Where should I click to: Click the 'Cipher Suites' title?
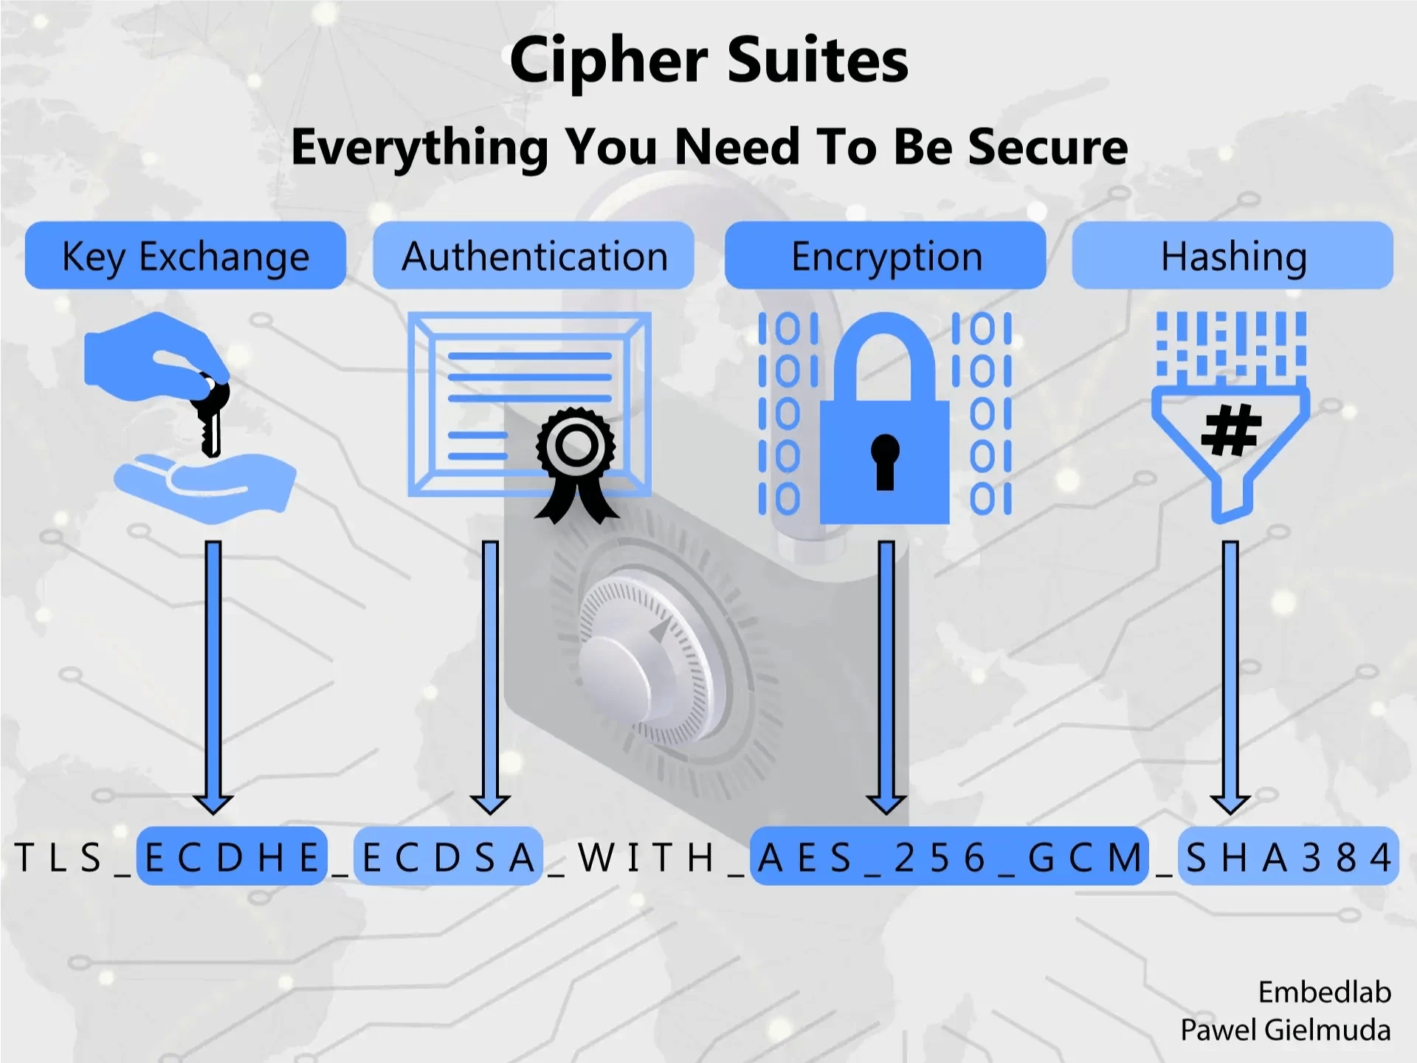tap(708, 61)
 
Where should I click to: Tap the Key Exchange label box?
tap(185, 255)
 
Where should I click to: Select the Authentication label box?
tap(534, 255)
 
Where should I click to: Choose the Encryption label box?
tap(885, 255)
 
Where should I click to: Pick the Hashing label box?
tap(1232, 255)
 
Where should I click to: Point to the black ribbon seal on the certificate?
tap(576, 461)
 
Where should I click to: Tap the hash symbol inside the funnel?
tap(1231, 430)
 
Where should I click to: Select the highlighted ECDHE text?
tap(232, 857)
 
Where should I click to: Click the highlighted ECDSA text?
tap(448, 857)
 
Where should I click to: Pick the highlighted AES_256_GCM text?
tap(949, 857)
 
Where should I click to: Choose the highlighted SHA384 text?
tap(1288, 857)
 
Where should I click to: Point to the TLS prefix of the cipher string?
tap(58, 857)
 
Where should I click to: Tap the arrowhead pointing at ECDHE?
tap(213, 803)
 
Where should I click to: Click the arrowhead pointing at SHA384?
tap(1230, 803)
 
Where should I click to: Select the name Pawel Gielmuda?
tap(1285, 1030)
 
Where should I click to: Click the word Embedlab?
tap(1324, 992)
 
